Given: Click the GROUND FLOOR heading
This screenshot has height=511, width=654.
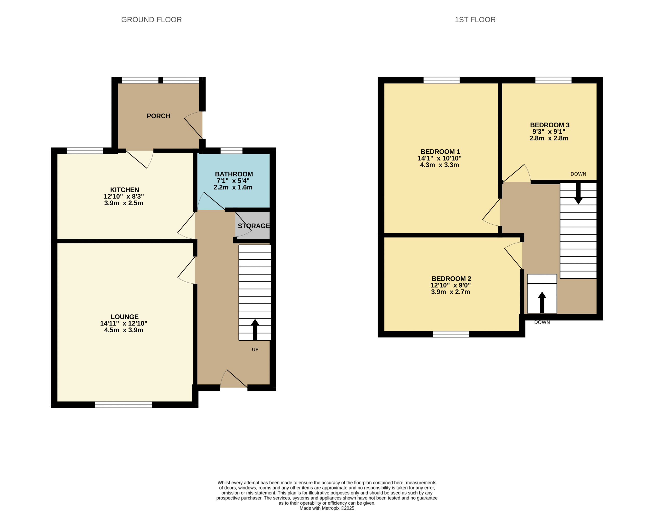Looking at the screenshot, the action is coord(151,20).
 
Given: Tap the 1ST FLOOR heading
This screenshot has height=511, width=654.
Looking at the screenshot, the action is coord(475,20).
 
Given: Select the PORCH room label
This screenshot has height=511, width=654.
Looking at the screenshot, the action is coord(158,116).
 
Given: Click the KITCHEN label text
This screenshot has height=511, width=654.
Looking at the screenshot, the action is coord(125,190).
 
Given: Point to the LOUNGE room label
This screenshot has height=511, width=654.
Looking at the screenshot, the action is coord(125,317).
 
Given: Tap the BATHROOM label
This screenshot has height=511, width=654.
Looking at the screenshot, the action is coord(234,174).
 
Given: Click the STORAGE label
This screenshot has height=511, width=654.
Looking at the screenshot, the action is coord(254,226).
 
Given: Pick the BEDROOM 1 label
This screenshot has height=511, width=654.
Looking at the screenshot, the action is coord(440,152).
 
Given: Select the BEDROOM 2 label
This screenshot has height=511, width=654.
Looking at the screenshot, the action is coord(451,279).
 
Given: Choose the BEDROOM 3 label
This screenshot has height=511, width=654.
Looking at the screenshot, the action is coord(550,125).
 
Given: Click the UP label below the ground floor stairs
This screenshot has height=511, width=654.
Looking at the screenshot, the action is coord(255,349).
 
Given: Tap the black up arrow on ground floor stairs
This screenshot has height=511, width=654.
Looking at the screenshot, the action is coord(255,330).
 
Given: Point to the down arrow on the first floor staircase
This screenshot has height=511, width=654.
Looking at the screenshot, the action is coord(578,193).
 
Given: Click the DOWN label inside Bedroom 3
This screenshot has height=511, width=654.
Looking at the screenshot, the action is coord(578,174).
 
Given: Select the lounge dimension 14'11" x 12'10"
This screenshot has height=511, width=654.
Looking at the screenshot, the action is coord(124,323).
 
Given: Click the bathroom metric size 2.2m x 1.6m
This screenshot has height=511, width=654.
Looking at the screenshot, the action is coord(233,187).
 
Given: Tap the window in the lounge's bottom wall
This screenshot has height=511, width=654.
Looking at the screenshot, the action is coord(124,405).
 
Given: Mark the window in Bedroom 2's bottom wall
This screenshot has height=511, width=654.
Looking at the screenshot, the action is coord(451,334).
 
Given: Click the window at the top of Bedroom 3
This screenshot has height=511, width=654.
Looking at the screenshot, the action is coord(553,80).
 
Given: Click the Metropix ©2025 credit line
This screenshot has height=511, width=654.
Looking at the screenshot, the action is coord(327,508).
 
